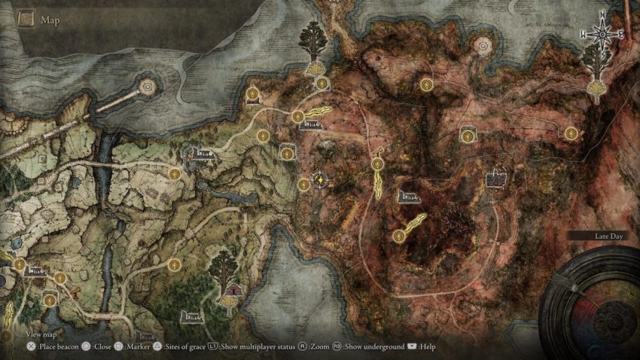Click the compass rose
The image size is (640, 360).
tap(602, 33)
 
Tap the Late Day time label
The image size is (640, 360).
tap(608, 236)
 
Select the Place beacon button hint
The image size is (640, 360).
tap(55, 347)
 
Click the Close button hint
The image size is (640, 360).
tap(102, 347)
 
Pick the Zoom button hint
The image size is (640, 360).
tap(314, 347)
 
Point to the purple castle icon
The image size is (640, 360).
tap(495, 178)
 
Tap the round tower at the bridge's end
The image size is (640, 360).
tap(146, 88)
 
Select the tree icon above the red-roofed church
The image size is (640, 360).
tap(224, 266)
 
